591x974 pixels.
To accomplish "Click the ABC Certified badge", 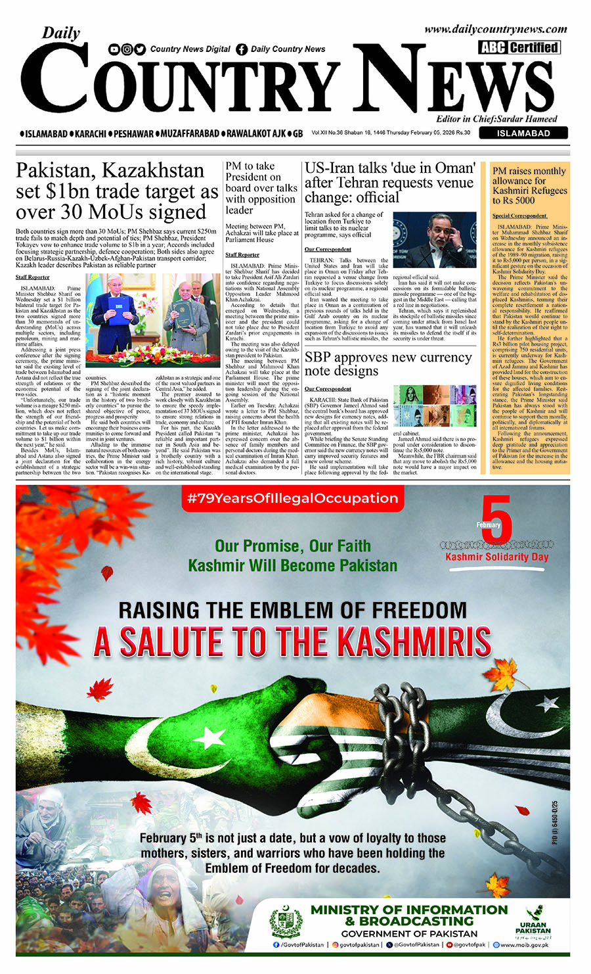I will pyautogui.click(x=519, y=47).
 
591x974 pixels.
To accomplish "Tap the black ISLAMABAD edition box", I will pyautogui.click(x=523, y=133).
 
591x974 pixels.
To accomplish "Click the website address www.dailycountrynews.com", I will pyautogui.click(x=495, y=29).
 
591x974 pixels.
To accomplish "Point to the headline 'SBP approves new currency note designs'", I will pyautogui.click(x=387, y=363).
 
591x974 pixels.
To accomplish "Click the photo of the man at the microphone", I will pyautogui.click(x=435, y=239).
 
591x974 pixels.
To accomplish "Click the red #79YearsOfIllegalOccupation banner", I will pyautogui.click(x=292, y=498).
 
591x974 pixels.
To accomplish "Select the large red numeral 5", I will pyautogui.click(x=496, y=520).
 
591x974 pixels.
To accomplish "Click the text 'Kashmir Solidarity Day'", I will pyautogui.click(x=497, y=557).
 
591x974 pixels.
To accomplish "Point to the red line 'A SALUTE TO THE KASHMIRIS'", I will pyautogui.click(x=292, y=642).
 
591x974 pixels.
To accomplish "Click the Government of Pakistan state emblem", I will pyautogui.click(x=286, y=921).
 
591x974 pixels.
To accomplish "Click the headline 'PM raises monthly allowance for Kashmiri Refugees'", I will pyautogui.click(x=529, y=185).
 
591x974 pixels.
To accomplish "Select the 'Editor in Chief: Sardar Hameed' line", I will pyautogui.click(x=496, y=119).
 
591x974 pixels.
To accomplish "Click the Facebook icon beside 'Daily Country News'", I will pyautogui.click(x=242, y=49).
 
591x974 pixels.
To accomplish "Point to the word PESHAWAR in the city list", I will pyautogui.click(x=133, y=133).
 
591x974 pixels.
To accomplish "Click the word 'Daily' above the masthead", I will pyautogui.click(x=61, y=33).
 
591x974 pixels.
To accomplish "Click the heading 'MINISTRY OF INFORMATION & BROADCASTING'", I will pyautogui.click(x=409, y=915).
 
